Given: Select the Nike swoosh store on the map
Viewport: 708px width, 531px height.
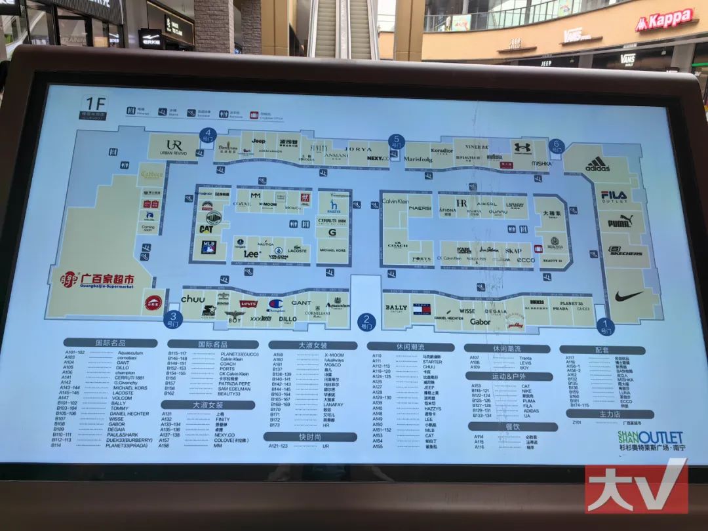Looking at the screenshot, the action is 629,296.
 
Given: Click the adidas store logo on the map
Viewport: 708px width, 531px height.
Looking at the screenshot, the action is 597,165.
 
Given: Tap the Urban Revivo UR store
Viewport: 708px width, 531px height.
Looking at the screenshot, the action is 174,146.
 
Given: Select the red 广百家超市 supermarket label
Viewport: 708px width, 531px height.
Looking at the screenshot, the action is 98,281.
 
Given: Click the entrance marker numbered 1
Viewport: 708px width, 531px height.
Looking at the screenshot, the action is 606,324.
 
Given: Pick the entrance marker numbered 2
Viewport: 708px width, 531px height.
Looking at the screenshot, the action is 366,321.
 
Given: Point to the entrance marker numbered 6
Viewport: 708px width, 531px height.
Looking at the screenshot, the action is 557,147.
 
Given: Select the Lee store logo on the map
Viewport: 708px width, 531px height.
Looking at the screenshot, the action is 252,254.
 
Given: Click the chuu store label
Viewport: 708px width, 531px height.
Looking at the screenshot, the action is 193,299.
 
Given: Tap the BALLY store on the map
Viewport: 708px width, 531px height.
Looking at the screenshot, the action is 396,307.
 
